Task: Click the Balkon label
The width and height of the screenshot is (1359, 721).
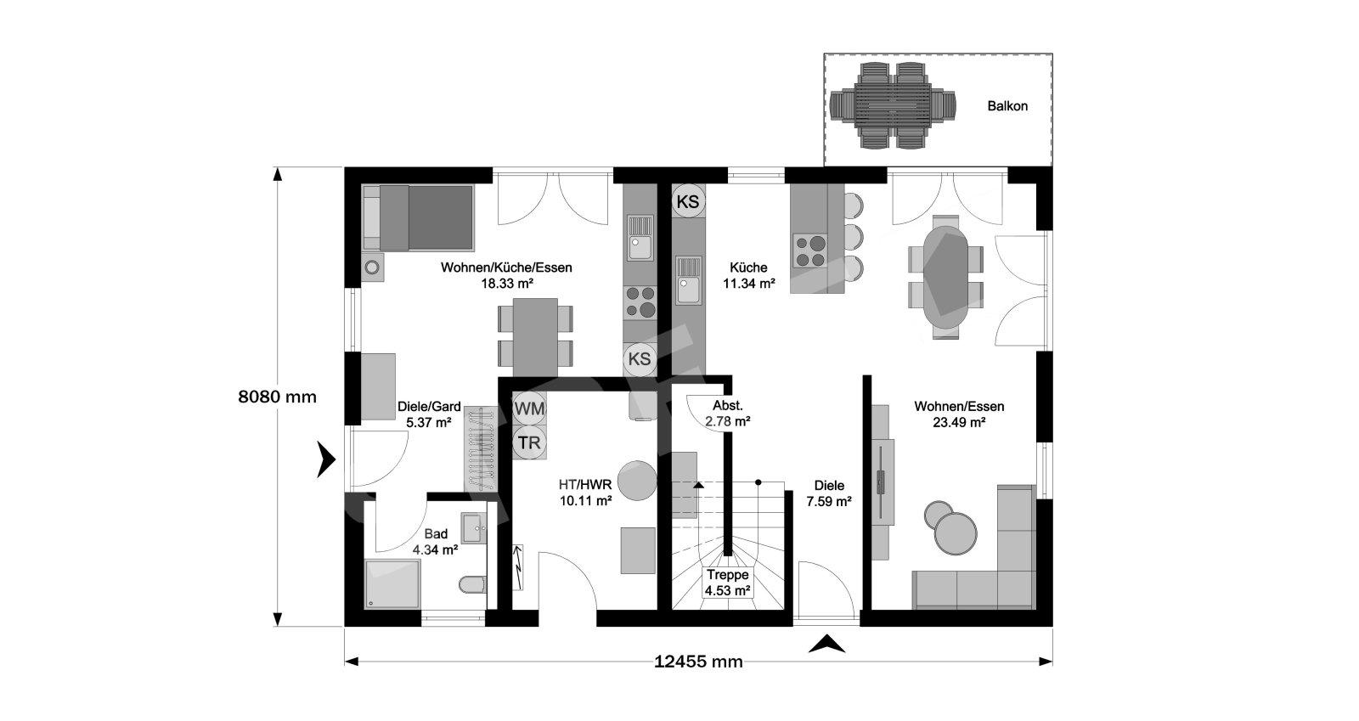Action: click(x=1007, y=106)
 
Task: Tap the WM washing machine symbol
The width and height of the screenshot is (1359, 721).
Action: click(x=530, y=408)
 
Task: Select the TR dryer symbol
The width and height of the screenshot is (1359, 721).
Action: click(x=530, y=442)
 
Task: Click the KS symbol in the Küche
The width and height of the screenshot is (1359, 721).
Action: click(x=688, y=201)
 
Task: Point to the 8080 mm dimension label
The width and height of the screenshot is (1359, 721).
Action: click(x=277, y=397)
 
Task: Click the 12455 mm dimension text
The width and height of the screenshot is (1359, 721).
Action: click(x=698, y=662)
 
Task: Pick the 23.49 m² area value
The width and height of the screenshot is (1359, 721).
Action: click(x=959, y=423)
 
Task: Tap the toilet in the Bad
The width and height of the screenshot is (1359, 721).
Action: click(x=472, y=584)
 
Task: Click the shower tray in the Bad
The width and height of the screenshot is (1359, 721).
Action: click(x=392, y=584)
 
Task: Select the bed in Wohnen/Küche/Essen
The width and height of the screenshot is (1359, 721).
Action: click(x=418, y=217)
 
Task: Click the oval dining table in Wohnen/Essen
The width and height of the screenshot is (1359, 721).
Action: click(x=945, y=277)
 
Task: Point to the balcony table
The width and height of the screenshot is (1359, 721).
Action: click(x=893, y=106)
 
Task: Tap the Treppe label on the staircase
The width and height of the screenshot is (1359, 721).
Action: click(x=727, y=575)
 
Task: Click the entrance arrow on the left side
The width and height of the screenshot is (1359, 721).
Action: click(x=326, y=459)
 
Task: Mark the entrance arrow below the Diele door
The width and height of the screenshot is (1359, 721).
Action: click(x=827, y=644)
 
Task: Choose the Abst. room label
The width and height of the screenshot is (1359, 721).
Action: click(x=727, y=406)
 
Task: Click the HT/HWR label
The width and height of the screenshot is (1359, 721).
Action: click(x=585, y=485)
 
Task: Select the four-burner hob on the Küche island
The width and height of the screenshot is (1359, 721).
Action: click(x=810, y=251)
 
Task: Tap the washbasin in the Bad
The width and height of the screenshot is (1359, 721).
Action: click(x=474, y=528)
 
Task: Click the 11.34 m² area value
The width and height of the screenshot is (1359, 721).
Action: click(x=748, y=283)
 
